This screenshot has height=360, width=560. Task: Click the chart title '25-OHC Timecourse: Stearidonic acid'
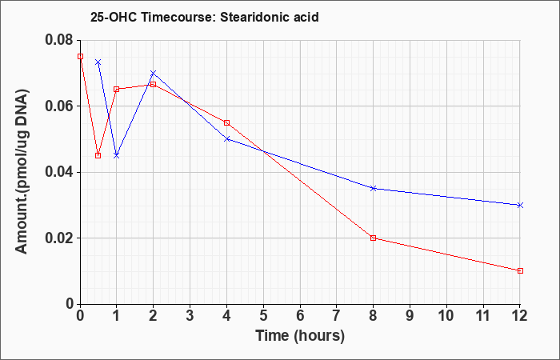[x=204, y=17]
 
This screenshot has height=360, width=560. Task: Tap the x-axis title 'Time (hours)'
[x=300, y=336]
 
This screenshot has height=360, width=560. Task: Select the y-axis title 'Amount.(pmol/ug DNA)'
[x=22, y=172]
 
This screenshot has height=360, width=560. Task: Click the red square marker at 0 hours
[x=80, y=57]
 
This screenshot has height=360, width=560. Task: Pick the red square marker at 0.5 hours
[x=98, y=156]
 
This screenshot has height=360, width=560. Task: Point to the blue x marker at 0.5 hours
[x=98, y=62]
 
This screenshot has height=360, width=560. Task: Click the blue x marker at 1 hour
[x=117, y=156]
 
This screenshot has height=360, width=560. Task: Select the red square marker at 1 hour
[x=117, y=90]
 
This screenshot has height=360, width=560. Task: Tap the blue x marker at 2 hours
[x=154, y=74]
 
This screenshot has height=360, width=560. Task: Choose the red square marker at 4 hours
[x=226, y=123]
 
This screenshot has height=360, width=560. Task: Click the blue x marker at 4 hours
[x=226, y=139]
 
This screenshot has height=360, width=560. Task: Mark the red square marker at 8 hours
[x=374, y=238]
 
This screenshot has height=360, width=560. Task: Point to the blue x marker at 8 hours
[x=374, y=188]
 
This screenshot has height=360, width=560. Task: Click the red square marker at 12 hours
[x=520, y=270]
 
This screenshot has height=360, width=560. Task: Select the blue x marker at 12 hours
[x=520, y=205]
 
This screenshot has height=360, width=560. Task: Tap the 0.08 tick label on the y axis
[x=59, y=40]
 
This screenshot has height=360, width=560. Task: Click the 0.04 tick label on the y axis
[x=59, y=172]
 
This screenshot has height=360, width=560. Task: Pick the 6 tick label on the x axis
[x=300, y=316]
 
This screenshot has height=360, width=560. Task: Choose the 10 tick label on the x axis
[x=446, y=316]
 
